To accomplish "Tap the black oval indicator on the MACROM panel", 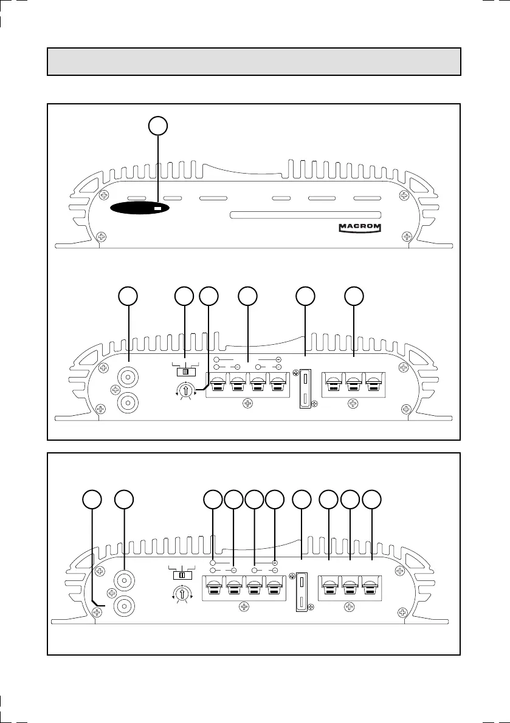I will click(140, 208).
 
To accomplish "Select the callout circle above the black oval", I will click(158, 126).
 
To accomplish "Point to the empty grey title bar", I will click(254, 61).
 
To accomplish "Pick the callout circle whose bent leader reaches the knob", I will click(209, 296).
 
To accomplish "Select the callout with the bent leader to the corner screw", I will click(92, 499).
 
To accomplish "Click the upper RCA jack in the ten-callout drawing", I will click(124, 579).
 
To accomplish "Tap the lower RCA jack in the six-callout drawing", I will click(128, 401).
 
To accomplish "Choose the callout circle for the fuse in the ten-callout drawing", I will click(302, 499).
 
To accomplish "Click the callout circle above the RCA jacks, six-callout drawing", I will click(128, 296).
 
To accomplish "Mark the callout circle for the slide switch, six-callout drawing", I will click(184, 296).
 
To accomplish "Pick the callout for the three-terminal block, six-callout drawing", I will click(354, 296).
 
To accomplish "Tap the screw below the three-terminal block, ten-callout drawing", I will click(349, 606).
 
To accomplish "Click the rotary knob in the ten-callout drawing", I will click(181, 594).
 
